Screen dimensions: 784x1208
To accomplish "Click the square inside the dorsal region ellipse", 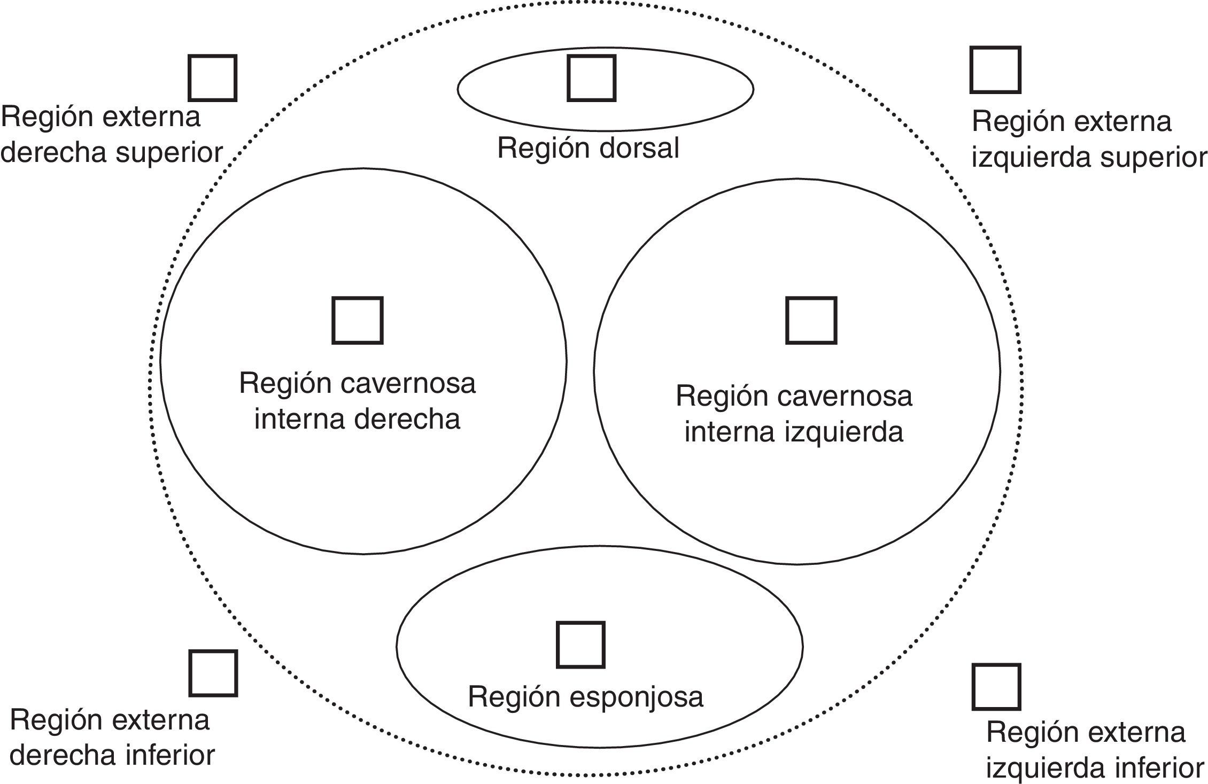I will click(591, 78).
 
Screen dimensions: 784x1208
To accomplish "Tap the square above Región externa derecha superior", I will click(212, 78).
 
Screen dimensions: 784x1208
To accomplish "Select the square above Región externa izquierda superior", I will click(995, 70).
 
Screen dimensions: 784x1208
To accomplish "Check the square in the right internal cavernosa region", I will click(358, 321).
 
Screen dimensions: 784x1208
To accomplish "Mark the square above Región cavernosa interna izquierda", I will click(811, 321).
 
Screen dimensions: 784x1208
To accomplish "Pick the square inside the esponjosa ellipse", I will click(580, 645).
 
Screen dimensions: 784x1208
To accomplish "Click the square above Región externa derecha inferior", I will click(213, 673).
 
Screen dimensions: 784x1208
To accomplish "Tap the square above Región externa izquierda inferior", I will click(996, 687).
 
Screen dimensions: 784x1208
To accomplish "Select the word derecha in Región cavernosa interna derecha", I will click(407, 418).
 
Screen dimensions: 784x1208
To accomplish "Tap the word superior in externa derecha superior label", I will click(169, 153).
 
